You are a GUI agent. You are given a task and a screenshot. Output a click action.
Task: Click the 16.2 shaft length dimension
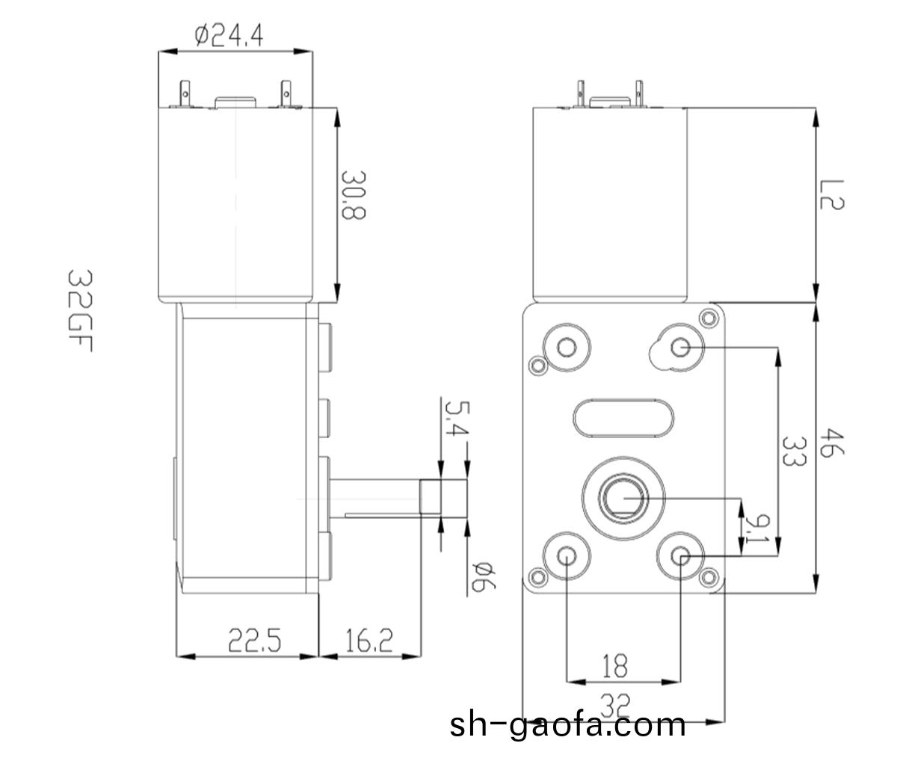[x=369, y=640]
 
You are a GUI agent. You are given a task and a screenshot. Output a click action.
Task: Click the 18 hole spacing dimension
[x=614, y=665]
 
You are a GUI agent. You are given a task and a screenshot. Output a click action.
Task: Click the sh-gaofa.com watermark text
[x=568, y=724]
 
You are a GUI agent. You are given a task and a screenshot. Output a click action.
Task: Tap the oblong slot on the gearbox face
[x=625, y=417]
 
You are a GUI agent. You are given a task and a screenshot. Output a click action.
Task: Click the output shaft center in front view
[x=622, y=496]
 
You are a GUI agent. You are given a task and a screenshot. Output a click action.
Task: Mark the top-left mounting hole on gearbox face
[x=567, y=346]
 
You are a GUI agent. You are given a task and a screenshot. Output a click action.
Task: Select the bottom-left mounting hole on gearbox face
[x=567, y=555]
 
